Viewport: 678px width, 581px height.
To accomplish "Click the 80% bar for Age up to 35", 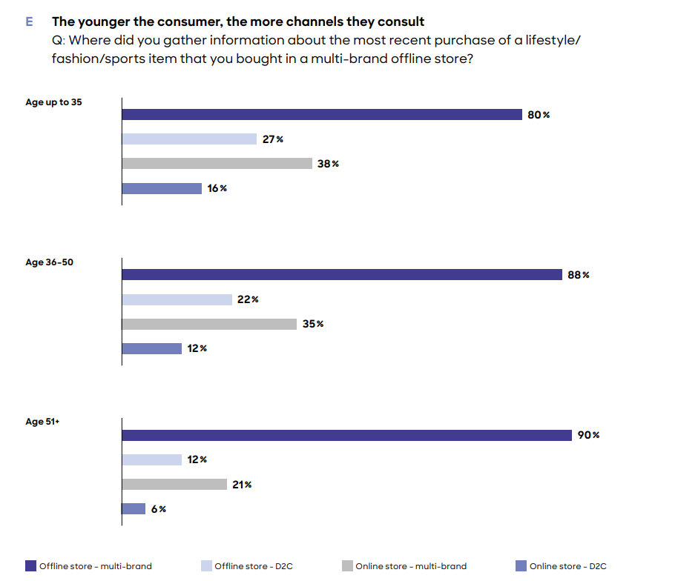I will click(322, 115).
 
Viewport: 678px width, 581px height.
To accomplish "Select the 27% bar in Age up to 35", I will click(189, 139).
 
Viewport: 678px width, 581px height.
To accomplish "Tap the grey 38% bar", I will click(217, 164).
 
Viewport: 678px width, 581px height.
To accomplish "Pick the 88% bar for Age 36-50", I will click(342, 275).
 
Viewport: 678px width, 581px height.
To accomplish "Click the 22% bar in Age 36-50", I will click(177, 299).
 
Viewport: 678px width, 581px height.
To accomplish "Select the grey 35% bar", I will click(209, 324).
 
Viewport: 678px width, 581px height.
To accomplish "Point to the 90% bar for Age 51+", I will click(346, 435).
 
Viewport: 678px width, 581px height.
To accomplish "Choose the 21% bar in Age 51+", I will click(174, 484).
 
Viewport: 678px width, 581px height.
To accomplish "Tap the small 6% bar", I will click(134, 508).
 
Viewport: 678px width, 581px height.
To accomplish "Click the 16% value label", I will click(217, 188).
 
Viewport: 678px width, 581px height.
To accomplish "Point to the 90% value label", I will click(589, 435).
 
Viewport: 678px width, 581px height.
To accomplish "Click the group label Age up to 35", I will click(53, 102).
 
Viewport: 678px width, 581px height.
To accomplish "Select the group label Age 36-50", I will click(49, 262).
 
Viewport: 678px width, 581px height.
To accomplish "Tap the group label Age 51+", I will click(42, 422).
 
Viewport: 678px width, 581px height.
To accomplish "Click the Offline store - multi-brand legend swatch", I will click(30, 566).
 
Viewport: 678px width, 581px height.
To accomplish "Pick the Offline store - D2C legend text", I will click(254, 566).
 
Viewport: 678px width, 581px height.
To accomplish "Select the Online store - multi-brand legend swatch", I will click(347, 566).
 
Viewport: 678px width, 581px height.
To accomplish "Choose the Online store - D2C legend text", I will click(568, 566).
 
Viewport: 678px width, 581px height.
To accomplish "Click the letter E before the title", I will click(30, 22).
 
